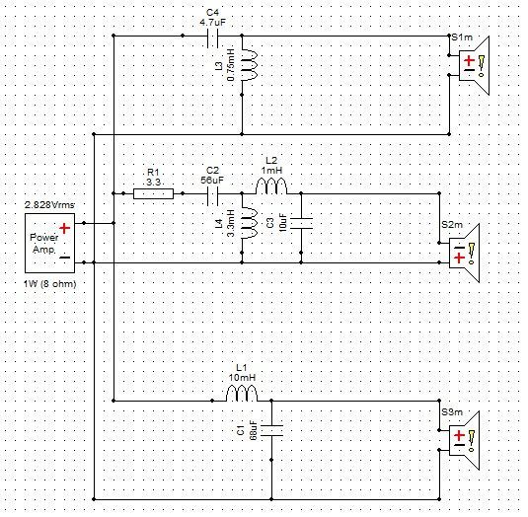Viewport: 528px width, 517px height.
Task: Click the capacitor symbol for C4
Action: coord(212,36)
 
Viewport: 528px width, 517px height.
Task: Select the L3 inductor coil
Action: coord(250,65)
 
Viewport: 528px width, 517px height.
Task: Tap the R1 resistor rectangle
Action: coord(154,193)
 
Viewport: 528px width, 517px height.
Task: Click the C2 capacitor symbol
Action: coord(212,193)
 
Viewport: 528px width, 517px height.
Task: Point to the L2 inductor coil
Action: coord(271,186)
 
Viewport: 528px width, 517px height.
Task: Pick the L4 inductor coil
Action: coord(250,224)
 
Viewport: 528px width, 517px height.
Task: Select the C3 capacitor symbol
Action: coord(301,224)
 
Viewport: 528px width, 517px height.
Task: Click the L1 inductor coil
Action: coord(242,393)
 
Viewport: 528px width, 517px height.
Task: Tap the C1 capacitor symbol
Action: coord(271,430)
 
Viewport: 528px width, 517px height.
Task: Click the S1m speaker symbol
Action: coord(474,66)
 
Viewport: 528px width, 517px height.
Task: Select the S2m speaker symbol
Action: coord(465,254)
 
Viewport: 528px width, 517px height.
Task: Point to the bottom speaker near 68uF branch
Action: coord(465,440)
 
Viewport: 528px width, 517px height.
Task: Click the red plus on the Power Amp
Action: coord(64,229)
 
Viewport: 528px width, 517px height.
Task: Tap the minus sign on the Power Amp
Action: coord(64,258)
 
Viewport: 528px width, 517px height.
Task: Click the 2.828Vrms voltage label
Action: coord(49,205)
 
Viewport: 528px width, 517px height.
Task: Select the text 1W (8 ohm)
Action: coord(49,284)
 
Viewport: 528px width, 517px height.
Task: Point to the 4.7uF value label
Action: coord(212,23)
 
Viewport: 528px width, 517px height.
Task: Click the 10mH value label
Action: coord(242,377)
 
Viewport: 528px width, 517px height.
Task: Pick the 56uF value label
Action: coord(212,181)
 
